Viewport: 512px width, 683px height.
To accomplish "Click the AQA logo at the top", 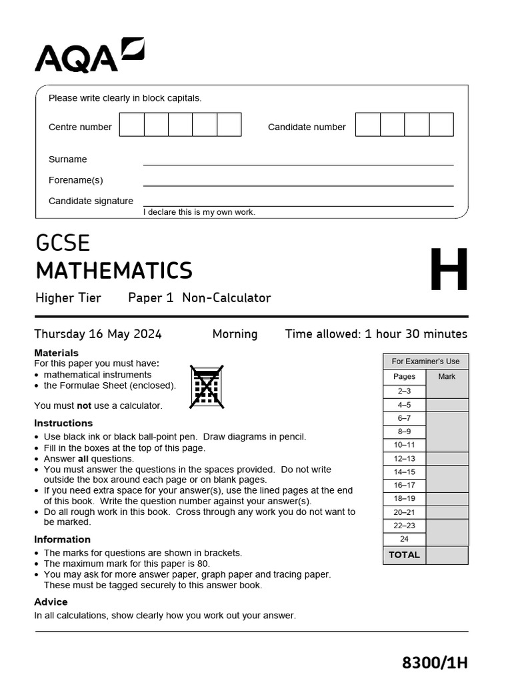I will pos(89,55).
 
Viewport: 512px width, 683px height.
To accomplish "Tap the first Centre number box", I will pos(132,125).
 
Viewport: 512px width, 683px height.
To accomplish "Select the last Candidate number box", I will pos(441,125).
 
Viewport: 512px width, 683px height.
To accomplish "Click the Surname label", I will pos(68,159).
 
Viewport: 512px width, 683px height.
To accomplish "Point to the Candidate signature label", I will pos(91,201).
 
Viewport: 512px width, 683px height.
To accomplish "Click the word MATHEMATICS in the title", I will pos(114,271).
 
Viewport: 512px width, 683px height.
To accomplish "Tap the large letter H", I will pos(449,270).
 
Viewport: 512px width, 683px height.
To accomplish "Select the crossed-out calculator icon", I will pos(207,387).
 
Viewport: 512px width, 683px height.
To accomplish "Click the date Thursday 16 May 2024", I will pos(98,334).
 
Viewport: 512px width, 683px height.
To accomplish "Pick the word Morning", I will pos(235,334).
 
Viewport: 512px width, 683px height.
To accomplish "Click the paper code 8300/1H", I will pos(435,662).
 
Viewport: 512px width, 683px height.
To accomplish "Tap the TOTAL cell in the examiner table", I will pos(404,555).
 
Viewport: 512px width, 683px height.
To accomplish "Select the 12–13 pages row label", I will pos(404,458).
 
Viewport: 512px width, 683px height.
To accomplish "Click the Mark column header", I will pos(447,377).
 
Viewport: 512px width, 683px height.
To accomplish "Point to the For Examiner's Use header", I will pos(425,362).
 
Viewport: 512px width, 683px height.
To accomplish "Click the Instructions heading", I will pos(63,423).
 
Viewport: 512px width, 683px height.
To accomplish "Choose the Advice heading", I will pos(51,602).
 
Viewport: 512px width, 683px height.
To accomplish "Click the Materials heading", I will pos(56,353).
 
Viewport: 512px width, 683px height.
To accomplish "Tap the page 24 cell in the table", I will pos(404,539).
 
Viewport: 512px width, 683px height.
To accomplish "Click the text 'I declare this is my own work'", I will pos(199,212).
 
